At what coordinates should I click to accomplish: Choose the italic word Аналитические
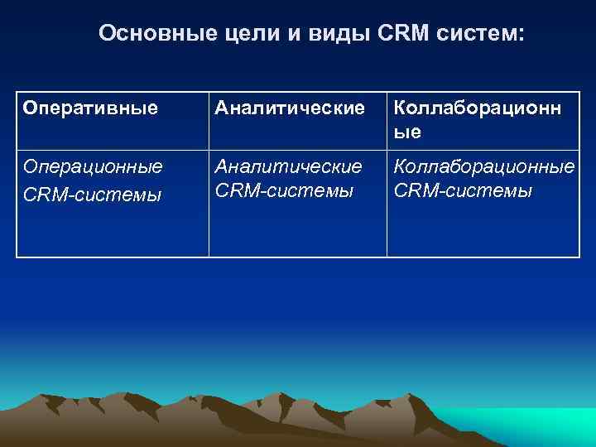click(x=289, y=166)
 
